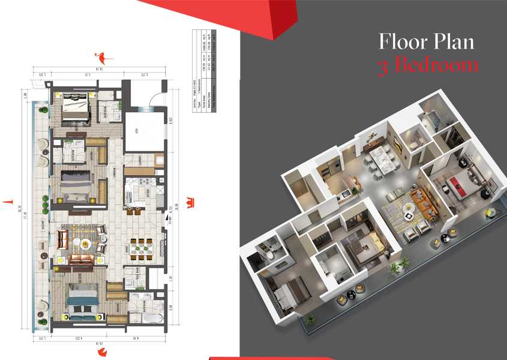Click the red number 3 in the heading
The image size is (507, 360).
click(x=384, y=65)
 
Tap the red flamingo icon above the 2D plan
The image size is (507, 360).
click(x=102, y=58)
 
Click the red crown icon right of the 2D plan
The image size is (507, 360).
click(x=190, y=200)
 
